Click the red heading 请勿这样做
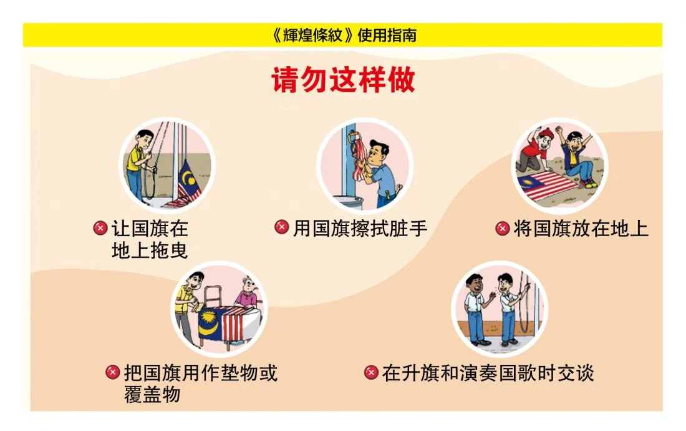(x=343, y=80)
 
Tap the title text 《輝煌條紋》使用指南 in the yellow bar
(x=344, y=35)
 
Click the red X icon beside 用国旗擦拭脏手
(x=281, y=227)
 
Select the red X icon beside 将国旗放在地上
(x=502, y=228)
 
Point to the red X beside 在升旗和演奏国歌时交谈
(x=371, y=372)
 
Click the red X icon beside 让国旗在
(x=100, y=228)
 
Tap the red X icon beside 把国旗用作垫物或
(x=112, y=372)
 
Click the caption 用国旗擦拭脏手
(x=360, y=228)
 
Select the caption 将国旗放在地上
(x=581, y=229)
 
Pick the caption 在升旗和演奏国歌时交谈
(x=488, y=373)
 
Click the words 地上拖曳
(x=150, y=250)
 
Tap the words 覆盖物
(x=152, y=394)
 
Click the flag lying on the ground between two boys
(x=548, y=185)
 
